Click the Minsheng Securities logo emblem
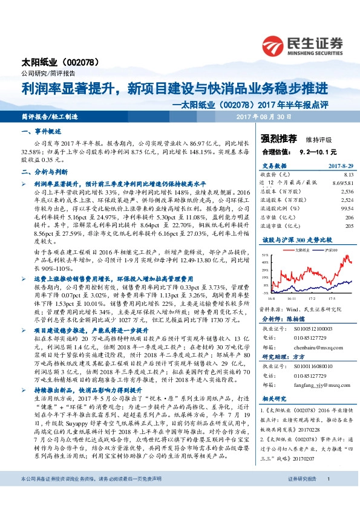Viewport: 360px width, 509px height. click(277, 45)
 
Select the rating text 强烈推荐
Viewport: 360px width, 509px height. click(278, 138)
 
